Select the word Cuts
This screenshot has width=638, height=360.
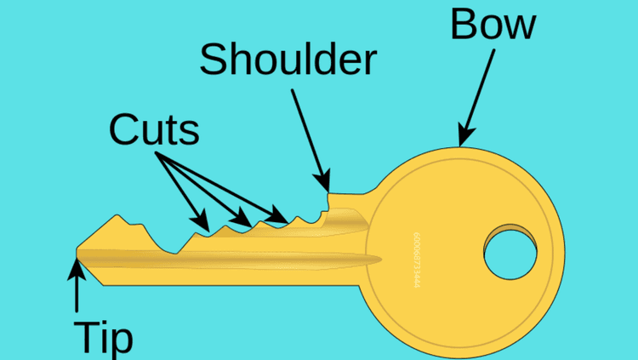(154, 129)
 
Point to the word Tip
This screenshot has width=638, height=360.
(103, 338)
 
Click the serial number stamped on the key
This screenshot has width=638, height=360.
(416, 260)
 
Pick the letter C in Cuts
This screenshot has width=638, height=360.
(123, 129)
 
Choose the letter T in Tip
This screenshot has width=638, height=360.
(85, 338)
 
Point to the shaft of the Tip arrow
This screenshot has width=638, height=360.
(77, 294)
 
